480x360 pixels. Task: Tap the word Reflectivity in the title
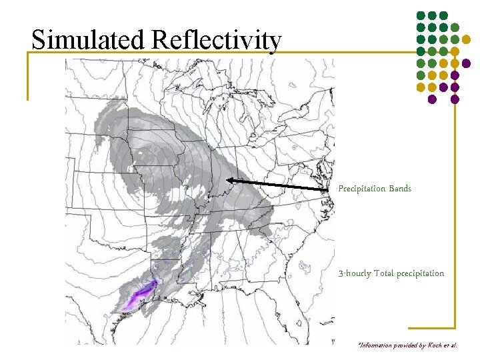216,40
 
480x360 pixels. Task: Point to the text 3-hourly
354,273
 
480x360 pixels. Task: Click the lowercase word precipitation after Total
420,273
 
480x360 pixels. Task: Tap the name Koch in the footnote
443,346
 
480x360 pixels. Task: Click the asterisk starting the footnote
359,344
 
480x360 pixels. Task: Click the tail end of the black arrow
331,190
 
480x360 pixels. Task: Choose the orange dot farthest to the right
475,39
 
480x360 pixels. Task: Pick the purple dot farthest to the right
466,63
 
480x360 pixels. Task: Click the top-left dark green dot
421,15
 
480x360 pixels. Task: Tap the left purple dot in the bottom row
432,99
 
